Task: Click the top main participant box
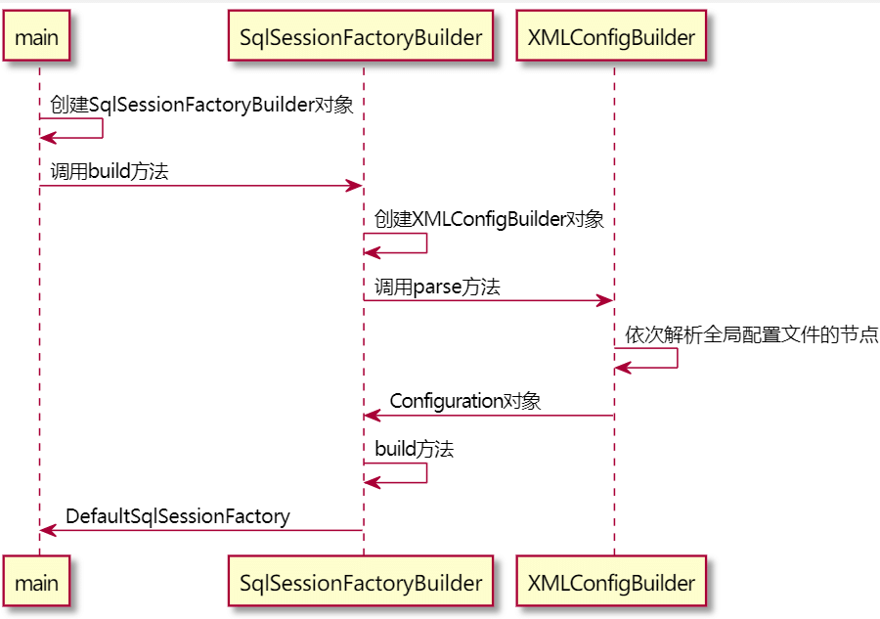37,38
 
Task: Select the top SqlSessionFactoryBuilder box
361,38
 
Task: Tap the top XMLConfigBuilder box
611,38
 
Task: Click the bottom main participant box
37,584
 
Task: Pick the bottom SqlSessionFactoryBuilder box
361,584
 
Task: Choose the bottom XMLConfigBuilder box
611,584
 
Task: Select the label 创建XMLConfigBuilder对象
489,219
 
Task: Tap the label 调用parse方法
437,287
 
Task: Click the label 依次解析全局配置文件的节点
752,335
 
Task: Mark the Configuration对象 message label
465,401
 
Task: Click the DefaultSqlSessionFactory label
178,515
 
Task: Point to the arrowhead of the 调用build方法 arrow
356,186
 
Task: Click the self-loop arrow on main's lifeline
102,129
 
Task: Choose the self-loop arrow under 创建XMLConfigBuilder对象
426,243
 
